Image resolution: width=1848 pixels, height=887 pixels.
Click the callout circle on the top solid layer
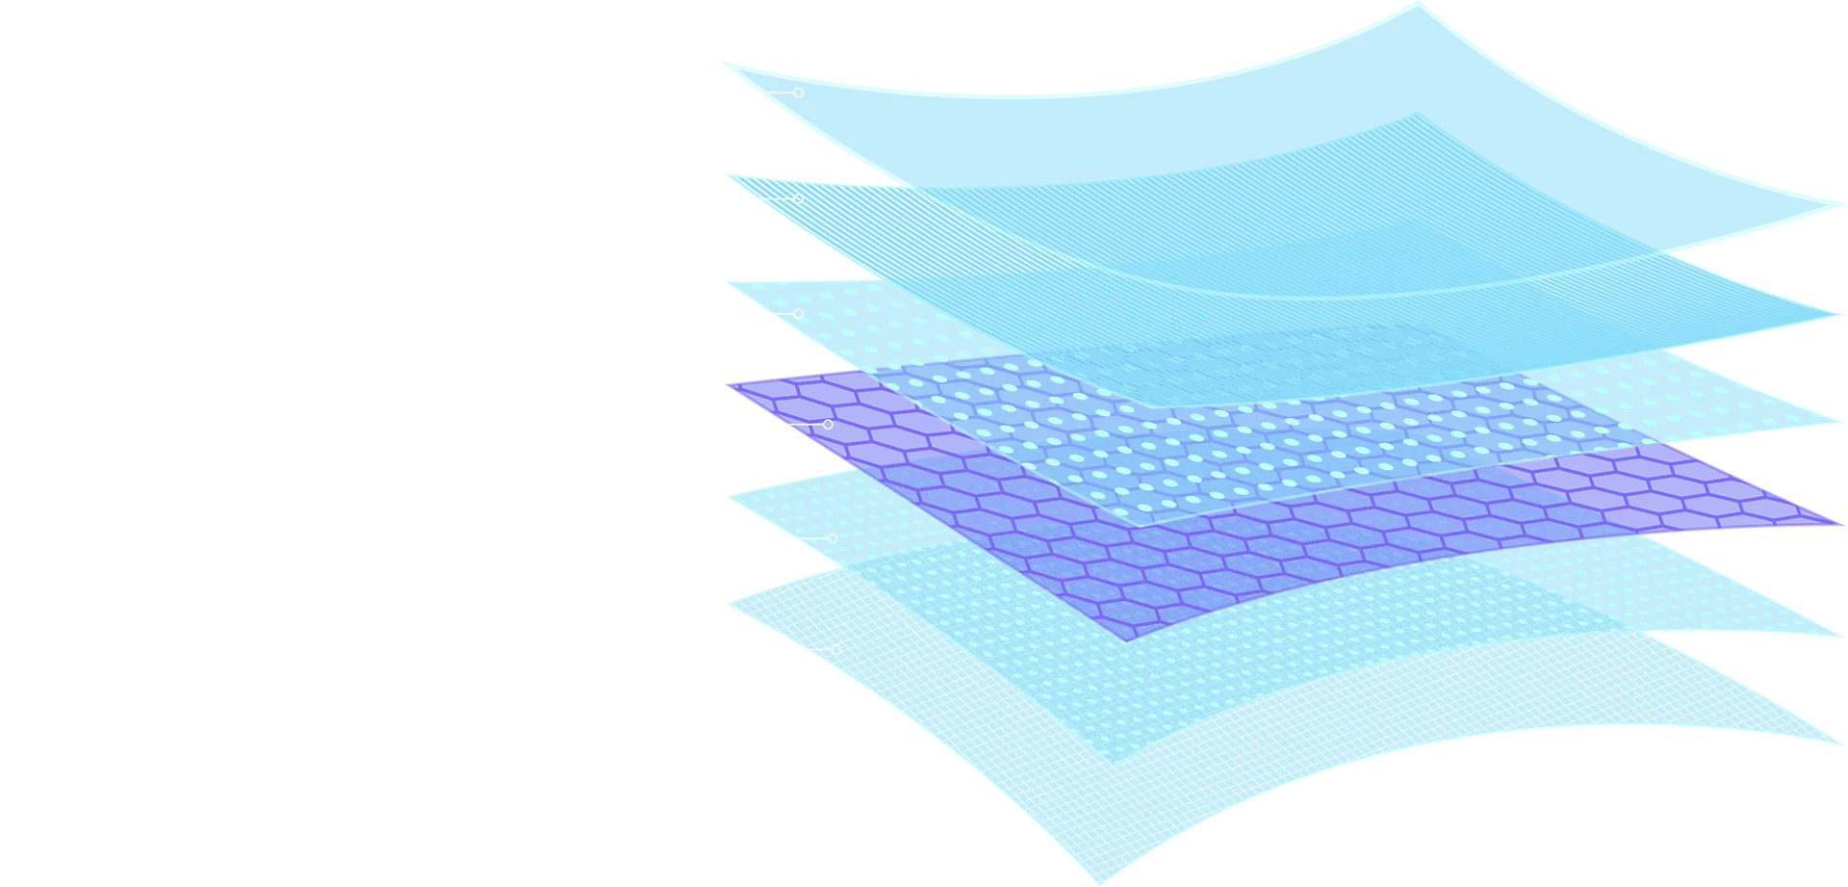tap(798, 92)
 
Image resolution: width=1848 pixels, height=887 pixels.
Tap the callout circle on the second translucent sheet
tap(798, 198)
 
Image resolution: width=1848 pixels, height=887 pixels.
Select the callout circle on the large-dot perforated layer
tap(798, 314)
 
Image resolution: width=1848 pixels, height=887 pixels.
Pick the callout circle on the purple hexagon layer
tap(828, 424)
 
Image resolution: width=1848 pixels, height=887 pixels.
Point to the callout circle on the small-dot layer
tap(833, 538)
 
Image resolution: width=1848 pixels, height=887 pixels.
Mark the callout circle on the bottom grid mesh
tap(835, 650)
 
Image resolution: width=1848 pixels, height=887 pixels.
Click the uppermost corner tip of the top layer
tap(1418, 8)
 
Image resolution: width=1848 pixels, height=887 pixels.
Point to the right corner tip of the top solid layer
tap(1826, 205)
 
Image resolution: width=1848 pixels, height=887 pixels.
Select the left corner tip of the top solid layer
tap(739, 70)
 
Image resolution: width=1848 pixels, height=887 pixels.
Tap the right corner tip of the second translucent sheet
tap(1832, 314)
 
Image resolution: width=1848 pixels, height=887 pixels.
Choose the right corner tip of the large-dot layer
tap(1829, 421)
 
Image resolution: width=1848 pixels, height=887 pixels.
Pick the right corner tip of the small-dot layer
tap(1829, 633)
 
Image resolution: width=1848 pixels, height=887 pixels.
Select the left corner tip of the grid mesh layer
tap(731, 604)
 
